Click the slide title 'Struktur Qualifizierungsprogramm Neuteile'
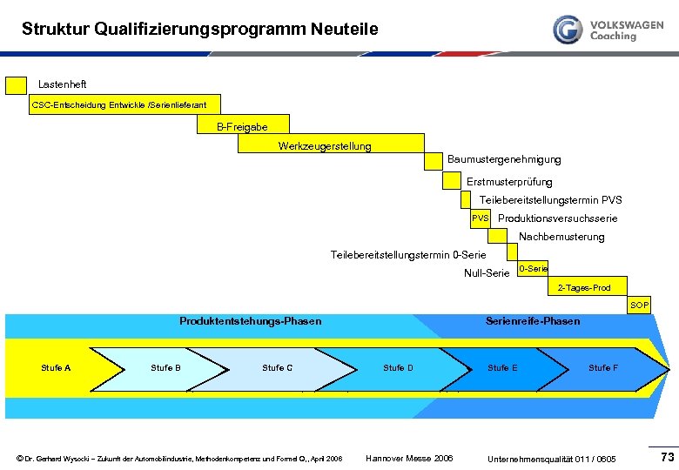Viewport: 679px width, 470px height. pos(200,30)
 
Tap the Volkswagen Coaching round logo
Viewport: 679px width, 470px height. pos(568,30)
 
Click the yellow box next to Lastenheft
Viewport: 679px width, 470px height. pos(16,84)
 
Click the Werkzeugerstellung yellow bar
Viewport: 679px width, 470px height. pos(331,144)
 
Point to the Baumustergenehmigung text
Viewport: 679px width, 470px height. pos(503,159)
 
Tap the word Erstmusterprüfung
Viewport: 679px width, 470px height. pos(509,182)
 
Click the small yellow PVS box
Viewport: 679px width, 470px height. pos(480,218)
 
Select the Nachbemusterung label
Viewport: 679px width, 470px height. pos(561,237)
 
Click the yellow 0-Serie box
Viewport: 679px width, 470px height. pos(533,269)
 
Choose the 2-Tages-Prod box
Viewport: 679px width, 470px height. pos(583,287)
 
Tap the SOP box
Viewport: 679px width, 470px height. pos(639,305)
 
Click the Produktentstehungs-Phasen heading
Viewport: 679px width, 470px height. pos(250,321)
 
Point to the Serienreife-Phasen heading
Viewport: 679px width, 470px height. pos(532,321)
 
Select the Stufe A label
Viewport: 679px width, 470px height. pos(56,368)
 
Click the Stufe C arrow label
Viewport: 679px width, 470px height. pos(277,368)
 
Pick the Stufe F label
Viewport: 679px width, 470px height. pos(602,368)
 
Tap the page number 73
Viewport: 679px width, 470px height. pos(667,457)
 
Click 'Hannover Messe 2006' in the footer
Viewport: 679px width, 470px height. pos(409,458)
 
